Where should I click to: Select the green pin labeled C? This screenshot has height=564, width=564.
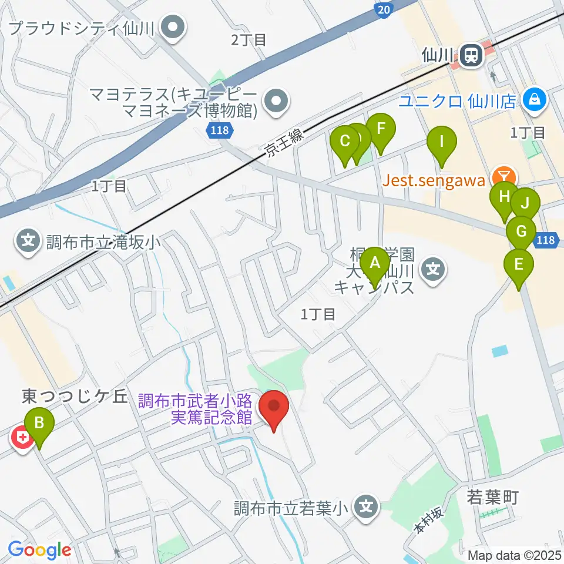pyautogui.click(x=345, y=141)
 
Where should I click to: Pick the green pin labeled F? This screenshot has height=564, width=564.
pyautogui.click(x=381, y=128)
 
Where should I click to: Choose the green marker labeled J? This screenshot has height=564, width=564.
pyautogui.click(x=525, y=204)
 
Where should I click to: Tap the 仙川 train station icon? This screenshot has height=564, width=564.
pyautogui.click(x=471, y=56)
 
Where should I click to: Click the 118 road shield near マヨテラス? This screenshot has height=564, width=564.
pyautogui.click(x=219, y=132)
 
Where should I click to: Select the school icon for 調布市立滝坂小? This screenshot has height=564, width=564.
pyautogui.click(x=28, y=240)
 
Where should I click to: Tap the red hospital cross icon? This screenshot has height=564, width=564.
pyautogui.click(x=22, y=438)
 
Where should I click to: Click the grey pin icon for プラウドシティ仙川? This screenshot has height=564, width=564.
pyautogui.click(x=173, y=27)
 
